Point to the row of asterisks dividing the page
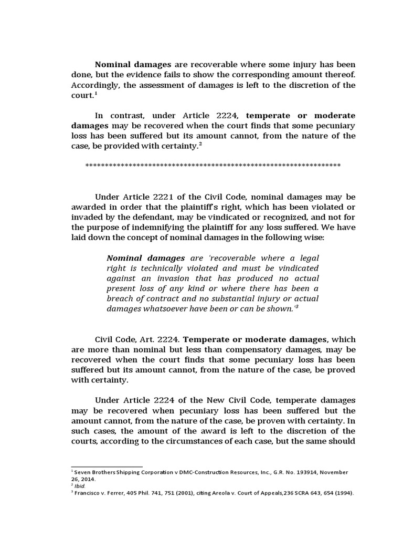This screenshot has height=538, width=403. pyautogui.click(x=213, y=165)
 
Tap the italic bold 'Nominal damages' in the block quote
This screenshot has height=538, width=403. pyautogui.click(x=145, y=258)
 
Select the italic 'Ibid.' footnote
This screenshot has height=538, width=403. pyautogui.click(x=81, y=486)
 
